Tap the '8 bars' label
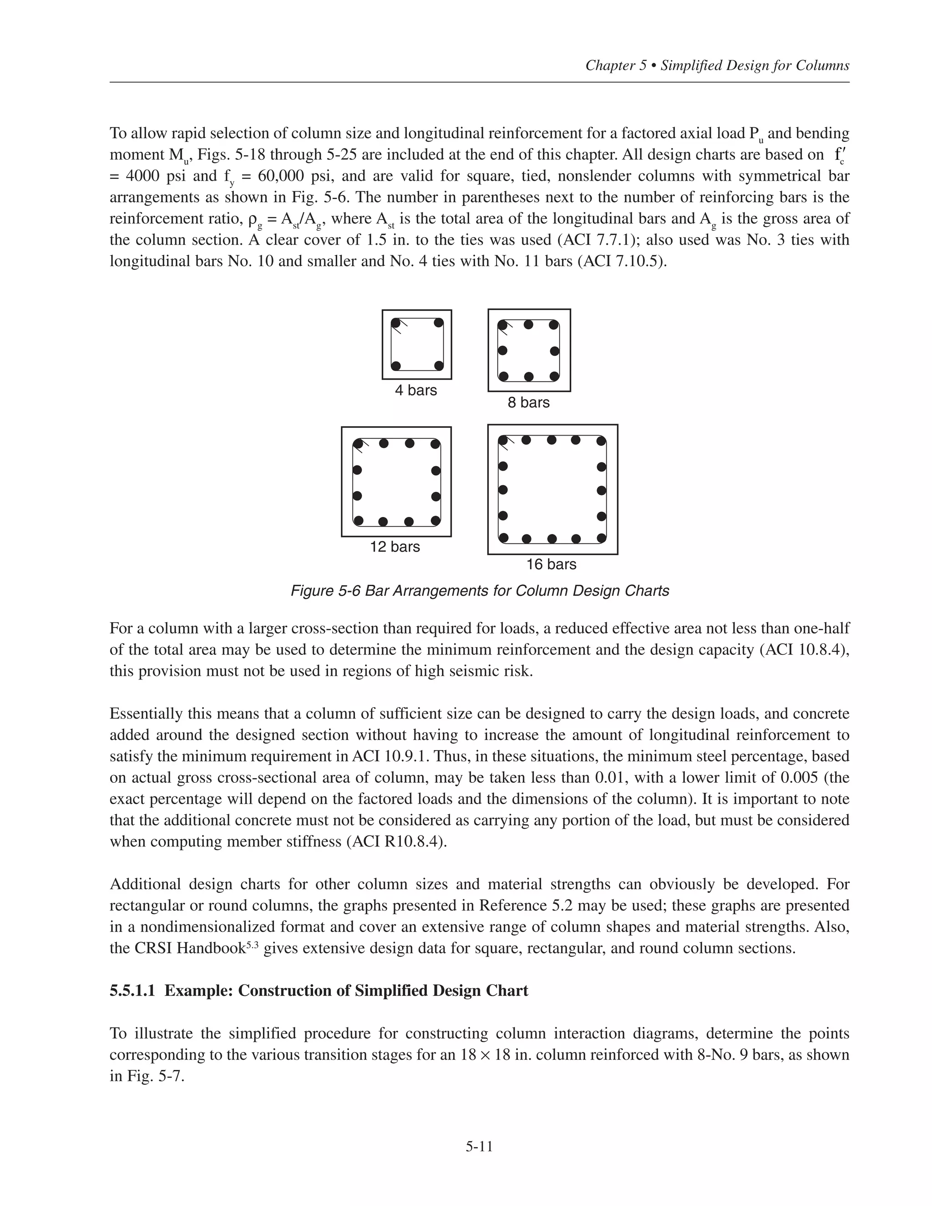(x=528, y=403)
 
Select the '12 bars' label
(x=395, y=547)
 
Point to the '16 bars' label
(x=551, y=564)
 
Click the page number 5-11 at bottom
(x=479, y=1147)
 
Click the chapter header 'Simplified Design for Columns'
(x=755, y=66)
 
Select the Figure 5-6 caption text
(x=479, y=591)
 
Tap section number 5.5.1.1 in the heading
(x=135, y=991)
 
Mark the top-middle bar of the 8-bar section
(x=528, y=324)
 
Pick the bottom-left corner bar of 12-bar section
(x=358, y=521)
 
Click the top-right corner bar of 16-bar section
(x=601, y=441)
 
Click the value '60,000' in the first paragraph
(x=282, y=176)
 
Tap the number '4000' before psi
(x=143, y=176)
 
